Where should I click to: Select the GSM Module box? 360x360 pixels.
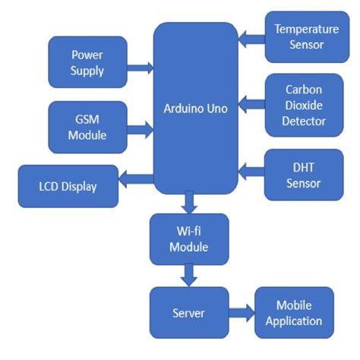87,128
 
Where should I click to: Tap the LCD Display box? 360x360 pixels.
68,186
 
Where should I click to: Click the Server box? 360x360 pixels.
189,313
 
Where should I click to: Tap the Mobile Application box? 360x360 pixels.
293,313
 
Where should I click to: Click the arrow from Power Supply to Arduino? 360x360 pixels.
139,68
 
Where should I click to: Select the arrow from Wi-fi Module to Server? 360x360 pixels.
189,274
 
